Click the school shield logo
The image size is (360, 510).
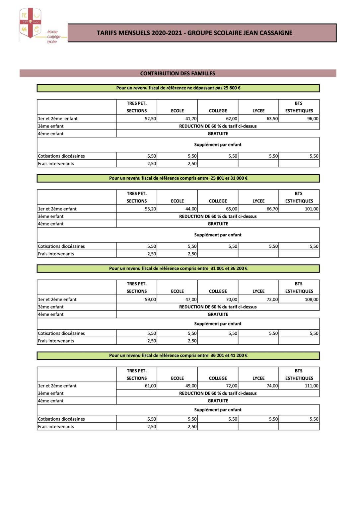(30, 23)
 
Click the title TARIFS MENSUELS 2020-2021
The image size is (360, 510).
(194, 33)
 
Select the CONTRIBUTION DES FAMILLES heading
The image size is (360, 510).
(178, 73)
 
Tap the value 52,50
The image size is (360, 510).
(150, 119)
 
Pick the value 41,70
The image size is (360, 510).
(191, 119)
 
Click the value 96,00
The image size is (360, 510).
(313, 119)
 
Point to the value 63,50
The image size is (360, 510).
(272, 119)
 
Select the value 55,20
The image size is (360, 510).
(150, 209)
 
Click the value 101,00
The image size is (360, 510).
(312, 209)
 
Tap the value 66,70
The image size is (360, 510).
(272, 209)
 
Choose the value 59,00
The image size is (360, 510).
(150, 299)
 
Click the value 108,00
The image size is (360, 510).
(312, 299)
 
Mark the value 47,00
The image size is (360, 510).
(191, 299)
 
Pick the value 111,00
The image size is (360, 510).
(312, 386)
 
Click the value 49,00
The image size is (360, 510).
(191, 386)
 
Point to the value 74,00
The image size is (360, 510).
(272, 386)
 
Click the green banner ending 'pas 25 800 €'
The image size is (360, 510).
(178, 88)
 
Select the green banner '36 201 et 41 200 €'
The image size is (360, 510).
(178, 355)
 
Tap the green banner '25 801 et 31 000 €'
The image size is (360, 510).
(178, 178)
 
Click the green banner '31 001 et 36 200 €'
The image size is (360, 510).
(178, 268)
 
